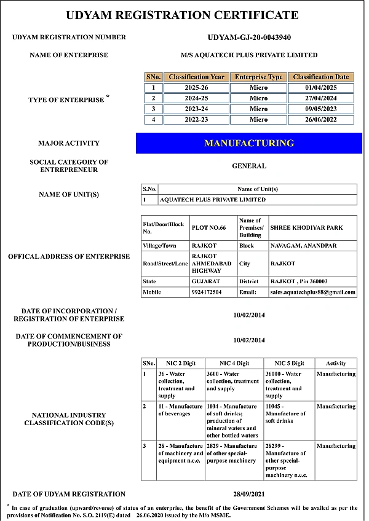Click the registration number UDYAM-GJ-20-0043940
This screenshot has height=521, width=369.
click(249, 37)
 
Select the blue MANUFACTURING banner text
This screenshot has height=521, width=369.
click(249, 143)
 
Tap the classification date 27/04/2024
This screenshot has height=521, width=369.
click(320, 98)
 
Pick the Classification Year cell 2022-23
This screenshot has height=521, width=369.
click(196, 120)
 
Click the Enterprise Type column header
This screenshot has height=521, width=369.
click(258, 77)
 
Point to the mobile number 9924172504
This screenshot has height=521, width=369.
click(207, 292)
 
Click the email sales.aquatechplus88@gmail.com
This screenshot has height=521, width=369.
click(313, 293)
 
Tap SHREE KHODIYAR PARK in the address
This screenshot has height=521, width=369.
click(307, 228)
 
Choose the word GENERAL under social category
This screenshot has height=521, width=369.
click(249, 166)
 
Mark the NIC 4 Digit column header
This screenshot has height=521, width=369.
click(234, 363)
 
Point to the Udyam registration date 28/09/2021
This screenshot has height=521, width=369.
click(249, 494)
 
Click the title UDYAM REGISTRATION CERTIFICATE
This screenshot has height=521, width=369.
click(182, 15)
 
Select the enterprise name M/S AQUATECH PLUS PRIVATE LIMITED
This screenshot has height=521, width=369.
click(249, 55)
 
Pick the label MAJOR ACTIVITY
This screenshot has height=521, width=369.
click(69, 143)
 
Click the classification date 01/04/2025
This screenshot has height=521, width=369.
click(320, 88)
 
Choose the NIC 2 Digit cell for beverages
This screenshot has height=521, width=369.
click(180, 410)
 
